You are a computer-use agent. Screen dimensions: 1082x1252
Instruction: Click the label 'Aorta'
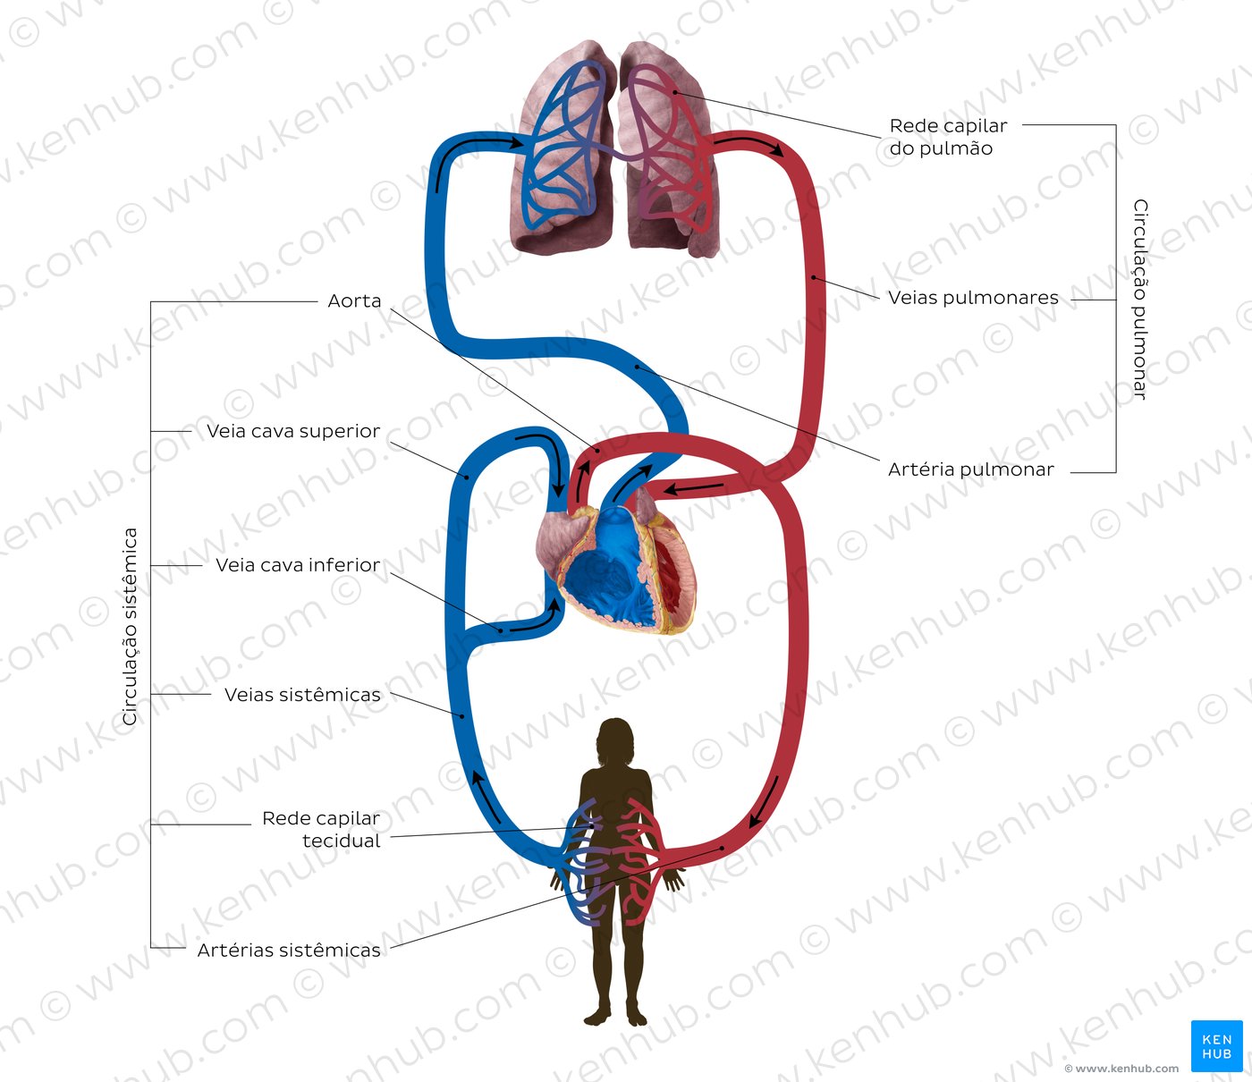(x=354, y=301)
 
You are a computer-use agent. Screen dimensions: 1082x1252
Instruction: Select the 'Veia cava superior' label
(x=293, y=431)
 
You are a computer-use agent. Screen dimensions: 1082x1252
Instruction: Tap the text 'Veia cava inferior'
(x=298, y=565)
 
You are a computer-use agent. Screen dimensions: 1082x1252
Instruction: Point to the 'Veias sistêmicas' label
(x=302, y=695)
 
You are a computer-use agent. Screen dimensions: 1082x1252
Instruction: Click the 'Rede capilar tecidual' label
(x=321, y=830)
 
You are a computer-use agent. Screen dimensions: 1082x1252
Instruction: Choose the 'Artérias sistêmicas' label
(x=289, y=951)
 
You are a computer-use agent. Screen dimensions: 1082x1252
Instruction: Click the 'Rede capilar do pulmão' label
(x=948, y=137)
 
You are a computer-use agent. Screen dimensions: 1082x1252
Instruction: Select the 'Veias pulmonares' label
(x=973, y=298)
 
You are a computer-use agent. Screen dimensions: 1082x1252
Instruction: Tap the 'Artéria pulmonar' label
(x=970, y=469)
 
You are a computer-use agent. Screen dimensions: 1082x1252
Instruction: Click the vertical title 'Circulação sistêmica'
(x=131, y=626)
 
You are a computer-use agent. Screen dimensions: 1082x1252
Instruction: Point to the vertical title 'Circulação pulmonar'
(x=1140, y=299)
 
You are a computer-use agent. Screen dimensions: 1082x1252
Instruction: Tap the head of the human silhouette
(x=616, y=739)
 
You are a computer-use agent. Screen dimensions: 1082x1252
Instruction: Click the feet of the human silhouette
(x=616, y=1017)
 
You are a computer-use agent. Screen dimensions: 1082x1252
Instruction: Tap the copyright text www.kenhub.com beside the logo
(x=1121, y=1069)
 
